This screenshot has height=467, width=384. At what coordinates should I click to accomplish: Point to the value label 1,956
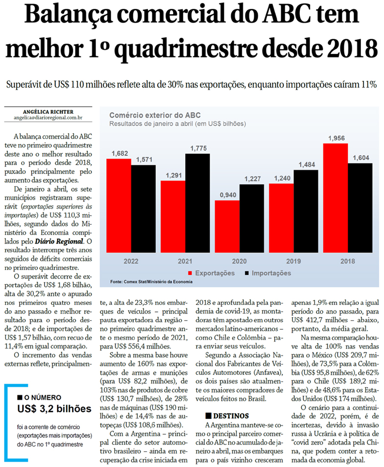coord(336,139)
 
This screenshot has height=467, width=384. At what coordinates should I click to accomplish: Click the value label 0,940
coord(227,196)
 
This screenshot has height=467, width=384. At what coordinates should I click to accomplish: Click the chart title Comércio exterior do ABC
coord(148,116)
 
